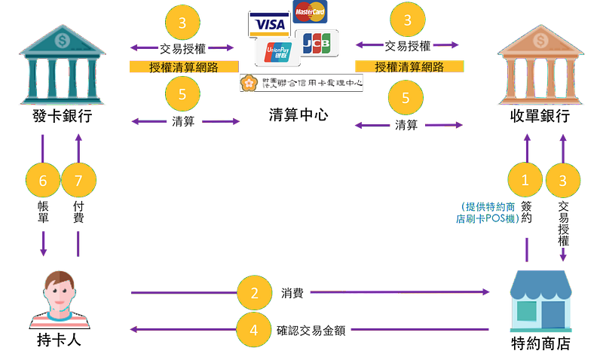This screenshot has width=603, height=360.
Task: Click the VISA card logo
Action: (x=269, y=23)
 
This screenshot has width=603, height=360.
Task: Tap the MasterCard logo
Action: (x=310, y=12)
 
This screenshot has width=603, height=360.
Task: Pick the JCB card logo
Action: (x=317, y=44)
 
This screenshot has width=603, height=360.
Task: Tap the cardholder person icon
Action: (x=60, y=299)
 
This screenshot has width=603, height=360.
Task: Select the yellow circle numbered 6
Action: (x=42, y=181)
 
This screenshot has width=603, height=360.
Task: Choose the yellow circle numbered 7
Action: (x=79, y=181)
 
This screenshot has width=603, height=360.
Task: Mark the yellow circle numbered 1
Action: (x=526, y=180)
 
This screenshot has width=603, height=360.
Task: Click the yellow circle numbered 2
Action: (x=254, y=292)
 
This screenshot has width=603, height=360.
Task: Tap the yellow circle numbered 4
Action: (x=254, y=329)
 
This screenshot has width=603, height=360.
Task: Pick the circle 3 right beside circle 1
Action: (x=563, y=180)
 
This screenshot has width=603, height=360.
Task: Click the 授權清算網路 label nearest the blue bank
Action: (x=182, y=67)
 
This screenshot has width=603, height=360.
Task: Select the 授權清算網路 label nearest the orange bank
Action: (x=409, y=67)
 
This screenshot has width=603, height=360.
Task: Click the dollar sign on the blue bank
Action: (x=62, y=38)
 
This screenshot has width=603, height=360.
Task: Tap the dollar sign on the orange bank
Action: (x=540, y=38)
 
